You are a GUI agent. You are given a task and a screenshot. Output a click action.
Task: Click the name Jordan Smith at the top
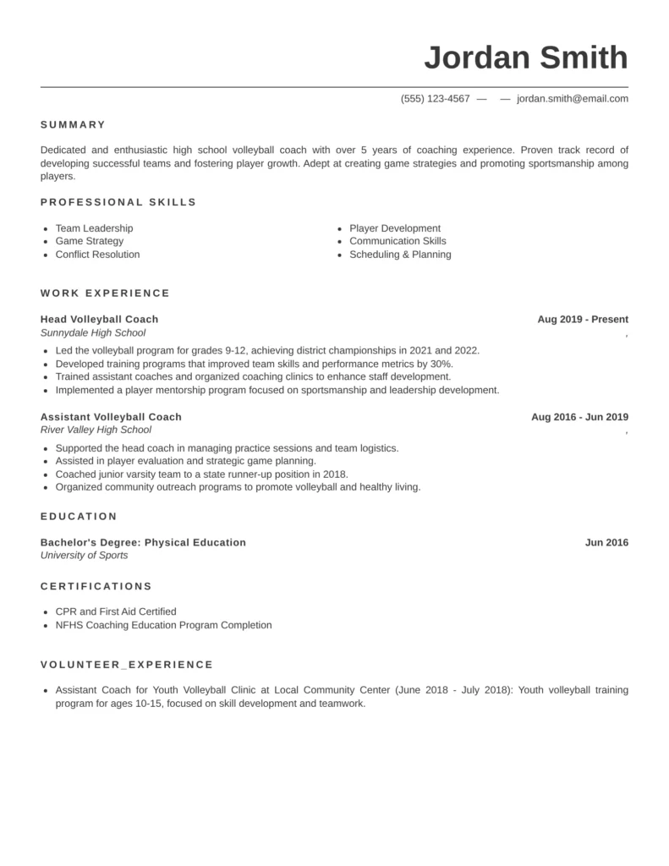(525, 58)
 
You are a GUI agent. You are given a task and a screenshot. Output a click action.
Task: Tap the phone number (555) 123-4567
(435, 98)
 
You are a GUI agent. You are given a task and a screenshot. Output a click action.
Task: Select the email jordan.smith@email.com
(573, 98)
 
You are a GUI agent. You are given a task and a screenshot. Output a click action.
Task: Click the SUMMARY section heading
(73, 124)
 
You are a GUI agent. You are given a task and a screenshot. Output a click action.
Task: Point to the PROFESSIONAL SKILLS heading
(118, 202)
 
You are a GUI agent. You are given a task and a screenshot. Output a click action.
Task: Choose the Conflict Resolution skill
(97, 255)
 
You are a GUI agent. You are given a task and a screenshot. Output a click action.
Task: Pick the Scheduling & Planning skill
(400, 255)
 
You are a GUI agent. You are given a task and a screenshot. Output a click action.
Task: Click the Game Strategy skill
(89, 241)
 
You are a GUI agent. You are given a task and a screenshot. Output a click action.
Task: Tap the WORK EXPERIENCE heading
(105, 293)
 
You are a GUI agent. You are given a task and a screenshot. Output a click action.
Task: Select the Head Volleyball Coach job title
(99, 319)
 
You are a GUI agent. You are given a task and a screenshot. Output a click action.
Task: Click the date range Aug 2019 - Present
(583, 319)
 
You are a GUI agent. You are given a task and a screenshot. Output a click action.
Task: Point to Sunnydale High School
(93, 332)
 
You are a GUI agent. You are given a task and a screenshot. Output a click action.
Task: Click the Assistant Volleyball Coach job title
(111, 416)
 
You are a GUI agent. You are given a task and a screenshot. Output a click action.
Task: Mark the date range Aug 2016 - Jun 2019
(579, 416)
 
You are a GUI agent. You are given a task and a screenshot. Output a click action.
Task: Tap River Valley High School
(96, 430)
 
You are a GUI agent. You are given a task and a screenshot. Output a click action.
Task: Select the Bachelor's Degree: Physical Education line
(143, 542)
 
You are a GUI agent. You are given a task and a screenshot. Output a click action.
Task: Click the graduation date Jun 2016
(606, 542)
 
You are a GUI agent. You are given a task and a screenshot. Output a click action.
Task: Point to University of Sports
(84, 556)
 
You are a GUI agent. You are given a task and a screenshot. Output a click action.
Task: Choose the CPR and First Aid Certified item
(116, 611)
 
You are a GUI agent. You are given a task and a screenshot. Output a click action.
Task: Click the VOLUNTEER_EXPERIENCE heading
(127, 665)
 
